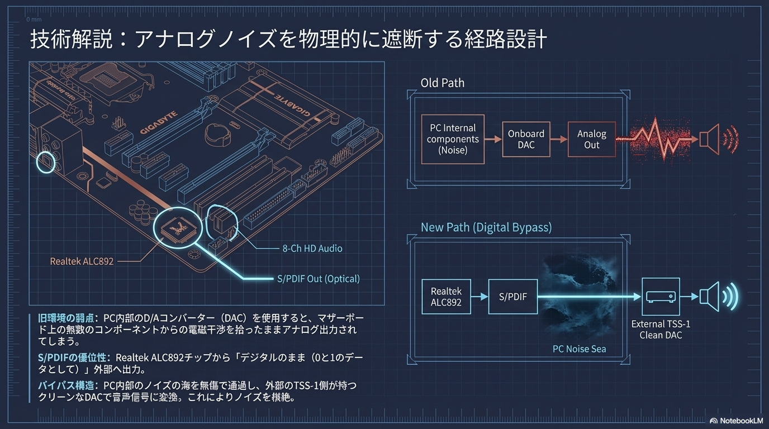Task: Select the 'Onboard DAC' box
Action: (x=526, y=139)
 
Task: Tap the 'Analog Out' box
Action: (x=592, y=139)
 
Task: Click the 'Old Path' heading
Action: (x=442, y=83)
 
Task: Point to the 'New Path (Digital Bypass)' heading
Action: (x=486, y=227)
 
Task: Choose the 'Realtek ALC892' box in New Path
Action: (x=446, y=297)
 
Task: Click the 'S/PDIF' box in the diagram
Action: (x=512, y=297)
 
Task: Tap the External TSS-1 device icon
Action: (x=661, y=297)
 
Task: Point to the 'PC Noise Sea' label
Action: (x=579, y=349)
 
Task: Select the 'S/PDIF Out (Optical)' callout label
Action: (x=319, y=278)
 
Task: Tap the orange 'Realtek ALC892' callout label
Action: (x=82, y=261)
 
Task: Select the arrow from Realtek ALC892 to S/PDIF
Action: (x=480, y=297)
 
